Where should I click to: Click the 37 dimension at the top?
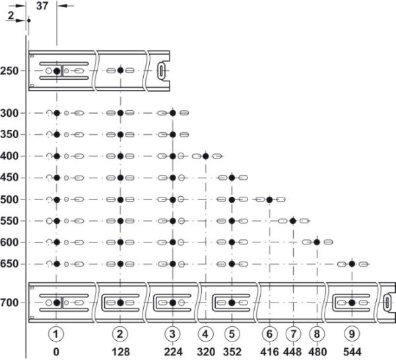coord(42,6)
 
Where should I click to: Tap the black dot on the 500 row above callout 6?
coord(269,199)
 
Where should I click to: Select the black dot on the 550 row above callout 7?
coord(292,221)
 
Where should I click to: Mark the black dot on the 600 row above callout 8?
coord(317,242)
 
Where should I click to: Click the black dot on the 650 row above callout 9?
coord(352,264)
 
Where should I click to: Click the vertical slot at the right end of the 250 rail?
coord(162,70)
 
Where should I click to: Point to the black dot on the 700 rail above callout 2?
coord(120,303)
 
